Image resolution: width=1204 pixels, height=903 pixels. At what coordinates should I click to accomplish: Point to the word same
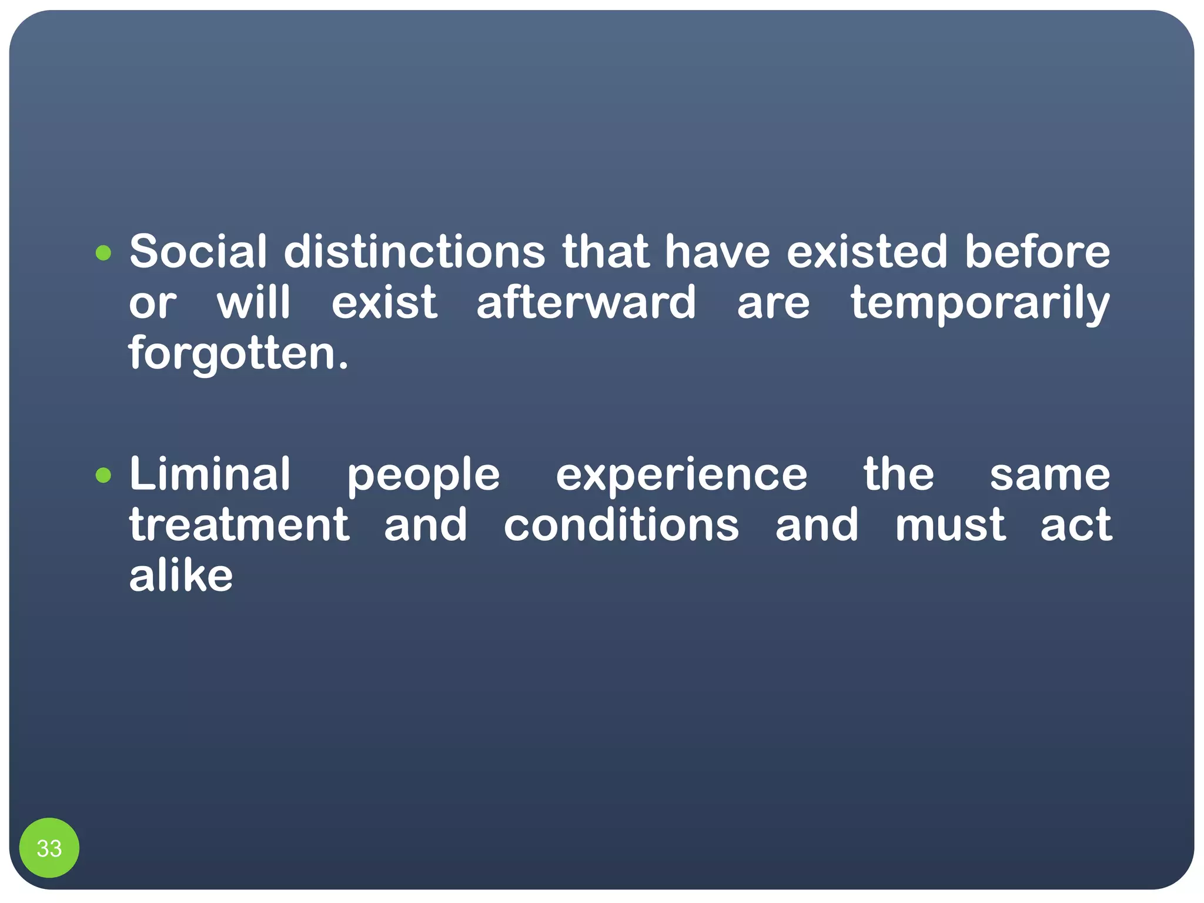(x=1050, y=475)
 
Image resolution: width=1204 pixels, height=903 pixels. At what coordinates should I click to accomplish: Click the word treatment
(x=239, y=525)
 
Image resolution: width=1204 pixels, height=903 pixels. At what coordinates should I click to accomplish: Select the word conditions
(x=621, y=525)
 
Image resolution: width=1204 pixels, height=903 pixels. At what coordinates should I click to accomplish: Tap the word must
(x=950, y=525)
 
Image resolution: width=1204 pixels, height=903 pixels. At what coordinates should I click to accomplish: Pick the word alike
(x=181, y=576)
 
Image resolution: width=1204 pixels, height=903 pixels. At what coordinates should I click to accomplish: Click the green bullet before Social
(x=103, y=253)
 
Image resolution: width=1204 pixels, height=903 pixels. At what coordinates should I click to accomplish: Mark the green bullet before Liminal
(x=103, y=475)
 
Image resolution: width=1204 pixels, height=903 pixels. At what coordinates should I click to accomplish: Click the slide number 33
(x=49, y=848)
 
